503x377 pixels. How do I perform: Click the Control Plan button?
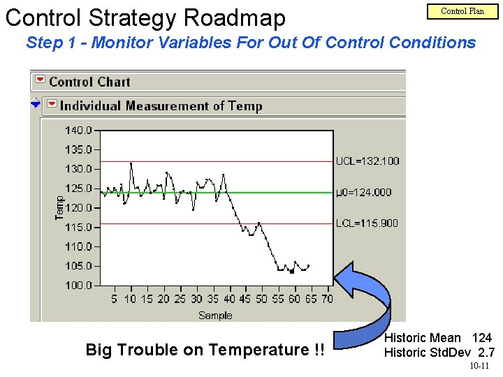click(462, 10)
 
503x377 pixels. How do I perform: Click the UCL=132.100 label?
click(367, 161)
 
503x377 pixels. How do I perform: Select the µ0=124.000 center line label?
click(363, 192)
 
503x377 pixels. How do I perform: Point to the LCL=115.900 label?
click(367, 223)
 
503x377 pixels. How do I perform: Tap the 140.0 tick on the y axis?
click(78, 130)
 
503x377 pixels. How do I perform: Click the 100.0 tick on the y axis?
click(78, 286)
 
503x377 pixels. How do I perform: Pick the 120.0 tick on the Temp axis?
click(78, 207)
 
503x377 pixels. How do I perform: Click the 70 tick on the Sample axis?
click(327, 299)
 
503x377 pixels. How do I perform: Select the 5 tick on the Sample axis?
click(115, 299)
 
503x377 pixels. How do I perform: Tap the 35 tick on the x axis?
click(213, 299)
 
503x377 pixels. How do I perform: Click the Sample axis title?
click(215, 315)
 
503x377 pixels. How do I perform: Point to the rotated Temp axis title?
click(60, 207)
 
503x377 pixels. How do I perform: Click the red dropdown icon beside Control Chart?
click(40, 81)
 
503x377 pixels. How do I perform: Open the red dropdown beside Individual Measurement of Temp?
click(52, 105)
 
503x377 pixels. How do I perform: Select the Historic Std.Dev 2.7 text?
click(439, 353)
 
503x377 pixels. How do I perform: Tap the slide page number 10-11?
click(479, 366)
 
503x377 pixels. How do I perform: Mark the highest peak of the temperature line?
click(131, 163)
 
